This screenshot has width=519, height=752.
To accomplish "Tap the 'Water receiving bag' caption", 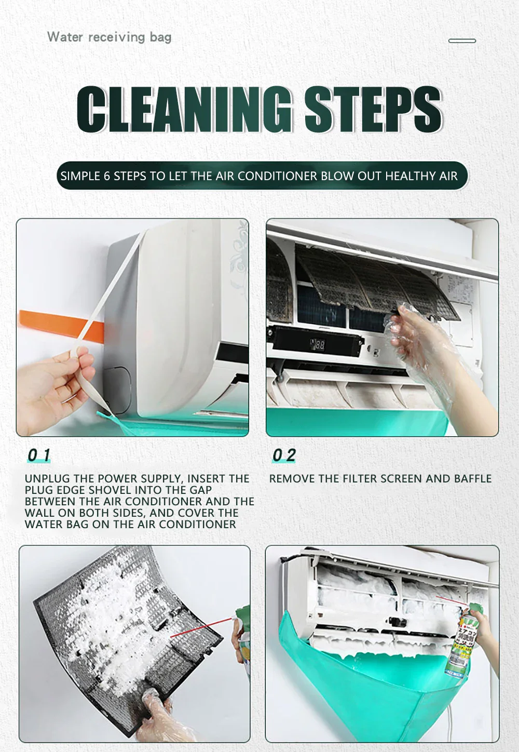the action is pyautogui.click(x=110, y=37).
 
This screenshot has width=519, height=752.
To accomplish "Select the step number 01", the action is pyautogui.click(x=38, y=455).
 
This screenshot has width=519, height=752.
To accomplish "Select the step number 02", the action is pyautogui.click(x=284, y=455).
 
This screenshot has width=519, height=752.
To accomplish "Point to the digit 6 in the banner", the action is pyautogui.click(x=107, y=176).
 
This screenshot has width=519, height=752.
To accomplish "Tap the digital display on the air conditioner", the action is pyautogui.click(x=317, y=345).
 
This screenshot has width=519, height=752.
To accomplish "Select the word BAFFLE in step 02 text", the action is pyautogui.click(x=472, y=478).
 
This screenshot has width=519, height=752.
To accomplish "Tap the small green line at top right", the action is pyautogui.click(x=462, y=41).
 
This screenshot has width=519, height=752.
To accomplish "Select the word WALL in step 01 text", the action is pyautogui.click(x=38, y=513).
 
